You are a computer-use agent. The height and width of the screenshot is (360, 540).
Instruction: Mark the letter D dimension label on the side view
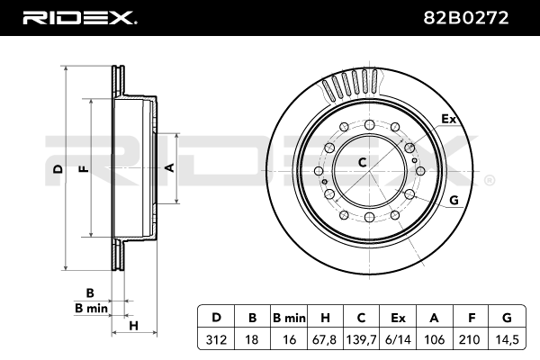58,169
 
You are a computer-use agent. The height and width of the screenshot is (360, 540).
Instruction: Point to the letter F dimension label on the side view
83,169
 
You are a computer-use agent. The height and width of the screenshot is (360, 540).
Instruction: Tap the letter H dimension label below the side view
133,325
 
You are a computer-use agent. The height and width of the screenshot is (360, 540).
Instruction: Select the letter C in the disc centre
362,163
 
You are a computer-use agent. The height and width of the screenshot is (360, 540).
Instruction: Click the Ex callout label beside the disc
447,118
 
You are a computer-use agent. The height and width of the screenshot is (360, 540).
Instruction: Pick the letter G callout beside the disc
454,200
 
